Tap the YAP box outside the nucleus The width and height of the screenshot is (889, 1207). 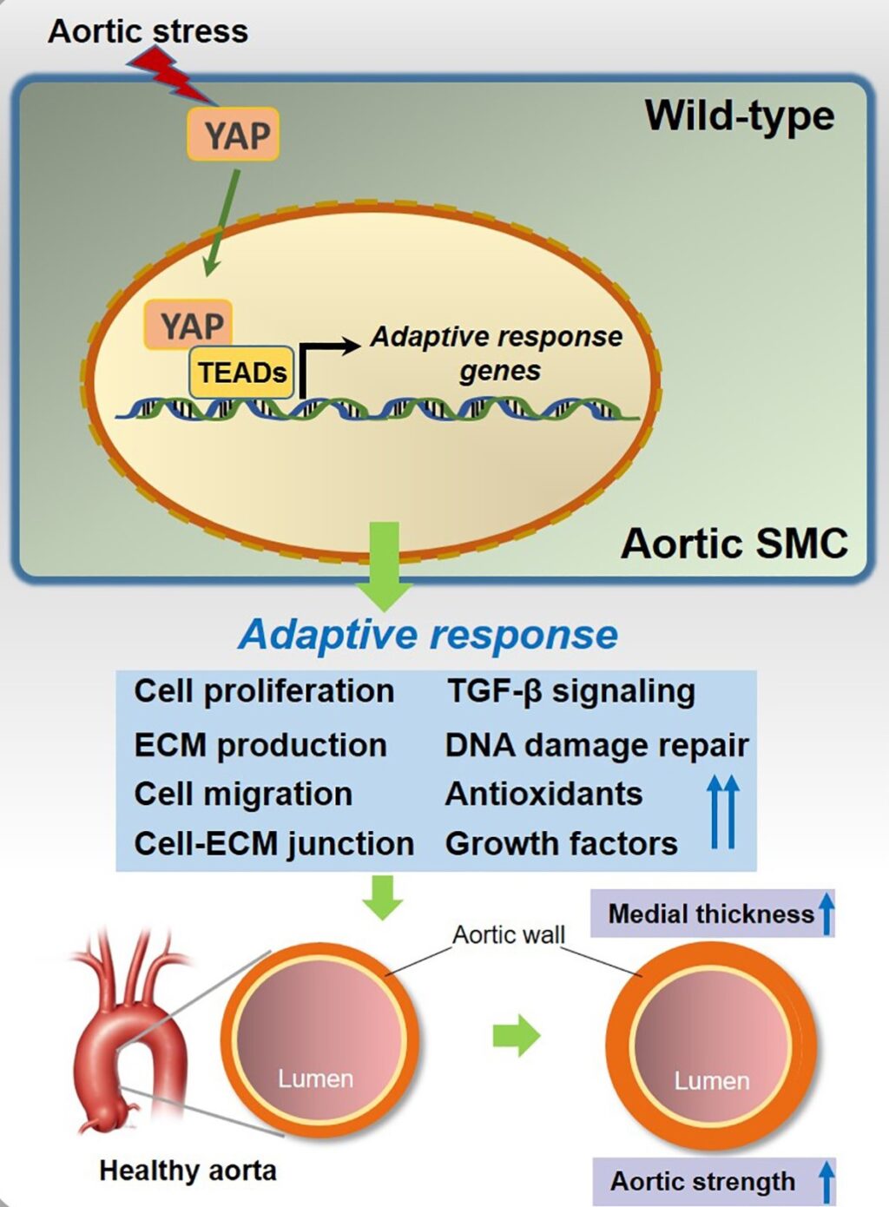tap(233, 135)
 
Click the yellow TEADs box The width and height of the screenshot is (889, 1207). tap(241, 373)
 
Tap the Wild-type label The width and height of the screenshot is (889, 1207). tap(739, 115)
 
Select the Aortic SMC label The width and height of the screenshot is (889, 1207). tap(734, 544)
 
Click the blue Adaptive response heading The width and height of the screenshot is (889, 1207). tap(428, 634)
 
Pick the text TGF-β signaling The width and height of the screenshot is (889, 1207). tap(570, 691)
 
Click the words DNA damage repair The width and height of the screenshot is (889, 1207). tap(596, 745)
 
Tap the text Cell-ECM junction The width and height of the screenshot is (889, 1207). tap(273, 843)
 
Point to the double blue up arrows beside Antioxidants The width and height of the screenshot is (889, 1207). tap(722, 812)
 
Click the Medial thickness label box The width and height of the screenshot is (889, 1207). tap(712, 913)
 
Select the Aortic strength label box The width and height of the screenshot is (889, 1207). tap(712, 1181)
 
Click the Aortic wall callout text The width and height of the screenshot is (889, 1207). tap(509, 935)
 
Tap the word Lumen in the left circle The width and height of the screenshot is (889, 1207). tap(315, 1078)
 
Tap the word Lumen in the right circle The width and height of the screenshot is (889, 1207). tap(712, 1081)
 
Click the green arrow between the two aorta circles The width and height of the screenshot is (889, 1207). tap(516, 1035)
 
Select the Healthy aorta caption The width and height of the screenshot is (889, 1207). tap(188, 1171)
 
